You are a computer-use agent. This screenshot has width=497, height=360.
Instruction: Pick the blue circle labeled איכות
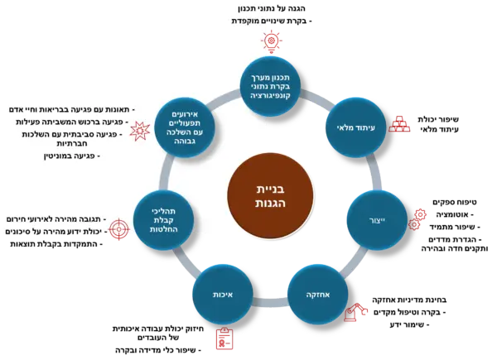click(222, 294)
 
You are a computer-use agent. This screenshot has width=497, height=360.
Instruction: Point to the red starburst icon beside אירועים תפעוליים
click(141, 129)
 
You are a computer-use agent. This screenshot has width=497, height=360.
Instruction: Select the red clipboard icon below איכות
click(224, 338)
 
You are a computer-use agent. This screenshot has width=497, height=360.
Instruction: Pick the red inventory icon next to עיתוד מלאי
click(400, 122)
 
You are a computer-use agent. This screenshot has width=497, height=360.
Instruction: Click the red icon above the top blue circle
click(270, 39)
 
